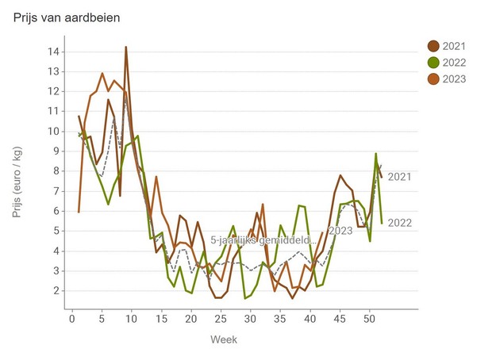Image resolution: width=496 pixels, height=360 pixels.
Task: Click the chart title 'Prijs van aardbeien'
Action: pos(67,17)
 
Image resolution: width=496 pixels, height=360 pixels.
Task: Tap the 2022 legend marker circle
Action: pos(434,63)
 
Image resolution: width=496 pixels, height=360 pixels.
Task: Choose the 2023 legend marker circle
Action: pos(434,79)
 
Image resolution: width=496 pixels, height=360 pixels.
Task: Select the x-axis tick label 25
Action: pos(221,319)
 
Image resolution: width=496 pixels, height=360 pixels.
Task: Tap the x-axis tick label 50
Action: pos(369,319)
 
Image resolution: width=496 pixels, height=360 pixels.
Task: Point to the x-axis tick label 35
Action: pos(280,319)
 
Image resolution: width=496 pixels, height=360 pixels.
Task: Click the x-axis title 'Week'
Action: pos(223,339)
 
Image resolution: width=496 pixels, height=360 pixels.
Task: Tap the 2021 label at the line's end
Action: pos(401,177)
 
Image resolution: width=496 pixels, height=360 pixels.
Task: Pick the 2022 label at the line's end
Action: pos(400,223)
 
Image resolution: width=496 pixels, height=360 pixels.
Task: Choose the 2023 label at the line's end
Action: pos(340,231)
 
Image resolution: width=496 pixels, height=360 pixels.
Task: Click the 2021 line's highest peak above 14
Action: pos(125,47)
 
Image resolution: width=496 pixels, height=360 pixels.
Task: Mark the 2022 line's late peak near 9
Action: pos(375,154)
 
